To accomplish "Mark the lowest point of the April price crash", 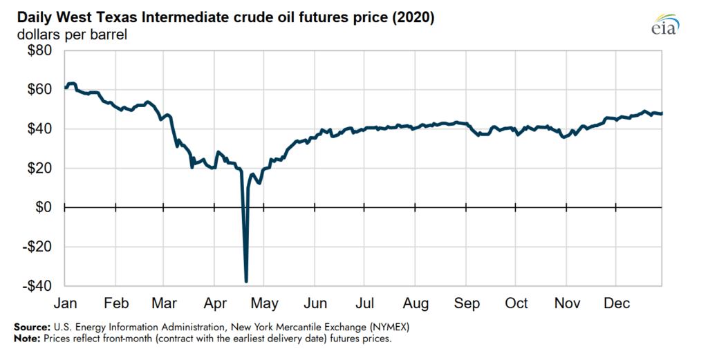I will point(246,281).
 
